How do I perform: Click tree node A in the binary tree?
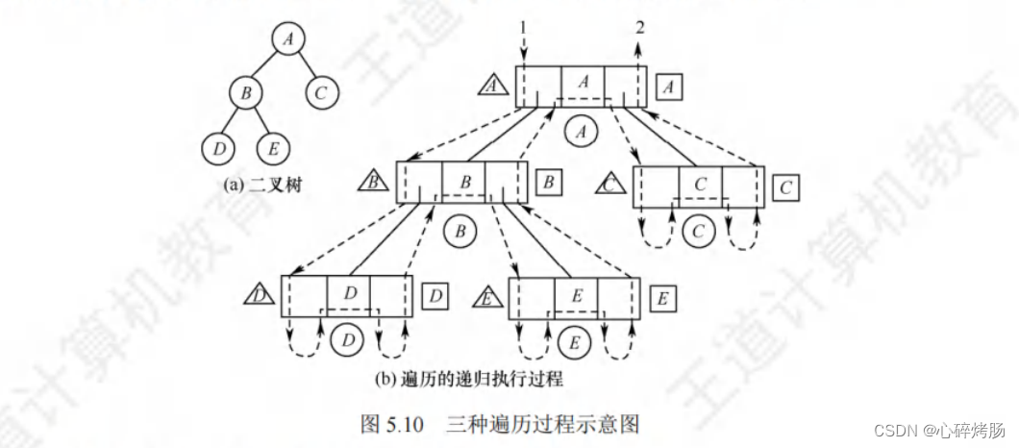286,38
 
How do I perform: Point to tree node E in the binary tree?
274,148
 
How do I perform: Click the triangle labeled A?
493,87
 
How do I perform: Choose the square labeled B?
547,182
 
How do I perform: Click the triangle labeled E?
488,298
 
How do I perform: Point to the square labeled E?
662,298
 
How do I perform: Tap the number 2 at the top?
638,27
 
